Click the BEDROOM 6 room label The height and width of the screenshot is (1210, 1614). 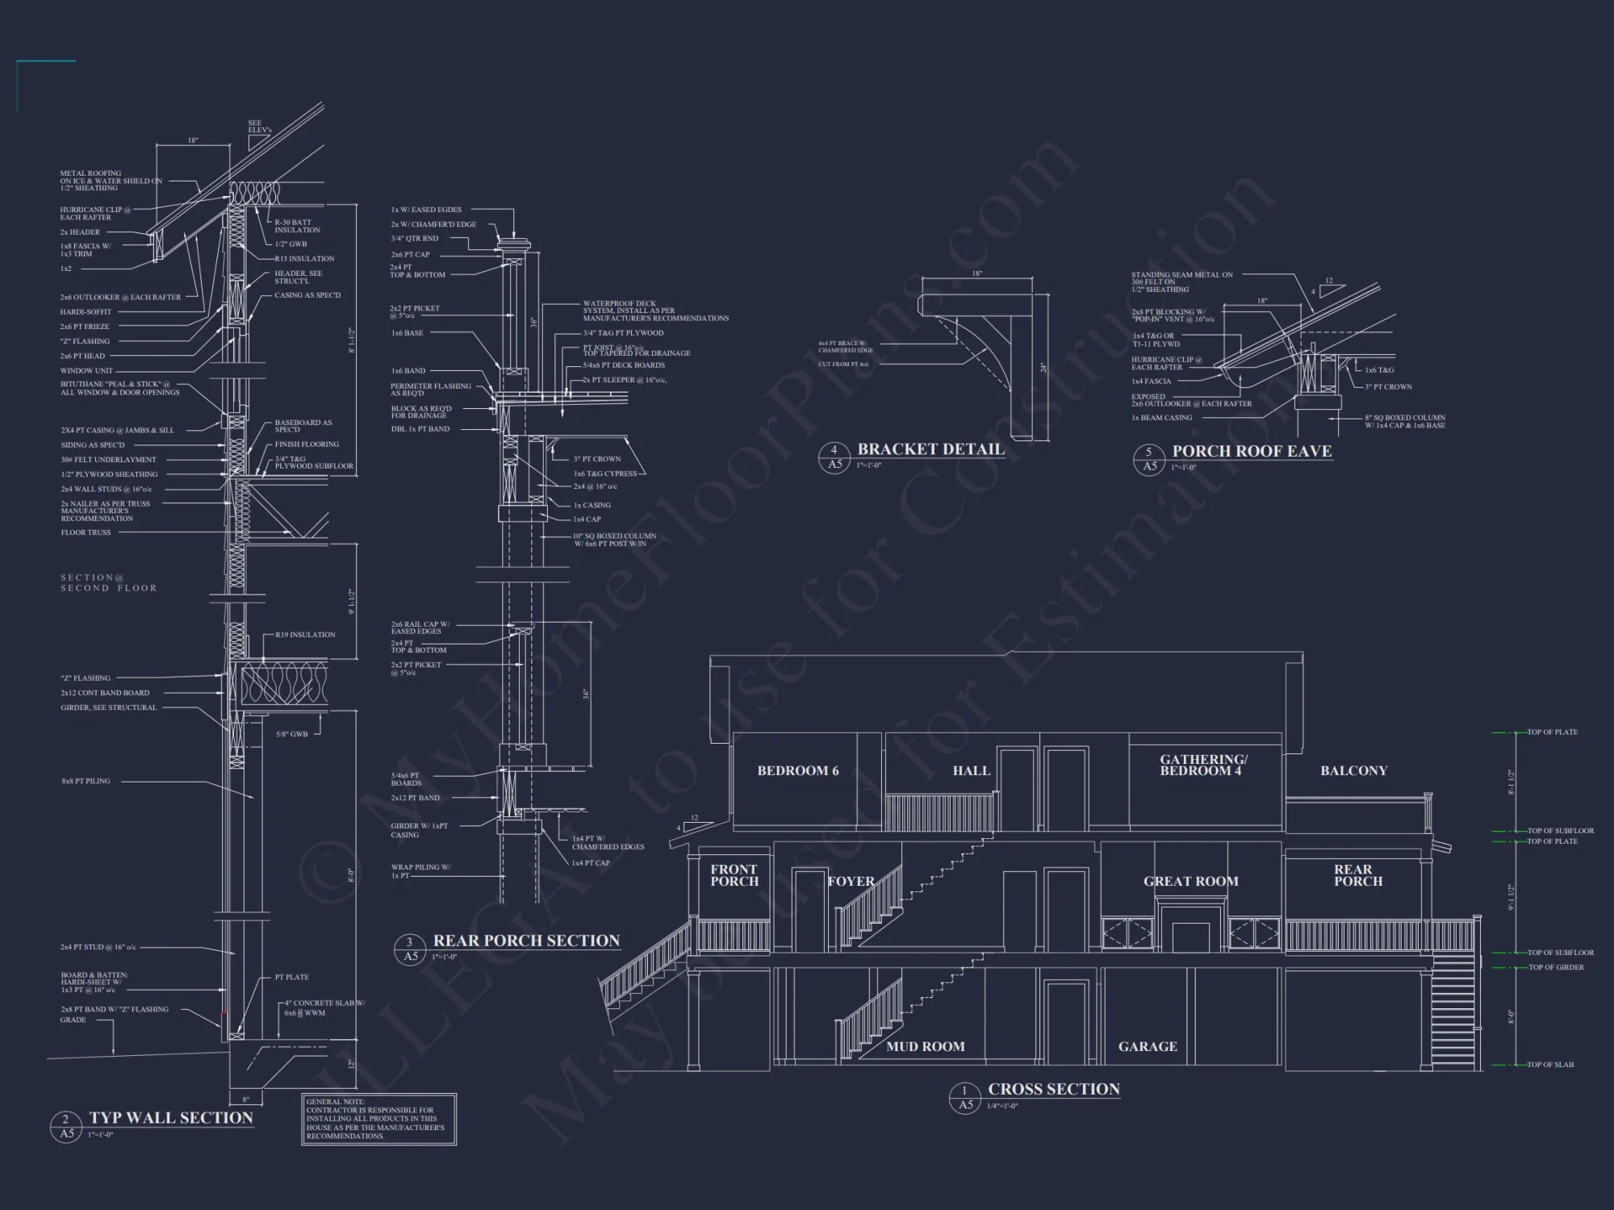point(797,771)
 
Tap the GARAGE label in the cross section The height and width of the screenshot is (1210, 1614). point(1147,1046)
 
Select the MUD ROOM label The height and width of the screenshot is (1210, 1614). point(925,1046)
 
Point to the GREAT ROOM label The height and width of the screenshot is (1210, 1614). point(1190,882)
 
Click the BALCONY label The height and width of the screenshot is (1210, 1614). point(1353,771)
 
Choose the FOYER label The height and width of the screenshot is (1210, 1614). point(851,882)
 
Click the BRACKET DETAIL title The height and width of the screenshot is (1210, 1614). point(930,449)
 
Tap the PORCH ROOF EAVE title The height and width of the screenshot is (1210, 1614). point(1252,451)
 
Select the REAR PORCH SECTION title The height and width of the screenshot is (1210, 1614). point(526,941)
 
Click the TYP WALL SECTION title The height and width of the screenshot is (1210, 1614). point(171,1118)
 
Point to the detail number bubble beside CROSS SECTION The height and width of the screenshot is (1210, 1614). point(965,1098)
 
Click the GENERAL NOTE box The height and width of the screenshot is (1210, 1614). point(379,1119)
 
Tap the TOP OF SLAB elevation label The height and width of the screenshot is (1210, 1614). point(1549,1065)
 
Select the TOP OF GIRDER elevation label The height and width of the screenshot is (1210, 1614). point(1556,967)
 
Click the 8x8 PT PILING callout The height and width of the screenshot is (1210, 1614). point(86,781)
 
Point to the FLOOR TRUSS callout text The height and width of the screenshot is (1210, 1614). point(86,532)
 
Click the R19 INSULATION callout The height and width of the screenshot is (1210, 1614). point(305,635)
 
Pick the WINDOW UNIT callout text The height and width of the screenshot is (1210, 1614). point(86,371)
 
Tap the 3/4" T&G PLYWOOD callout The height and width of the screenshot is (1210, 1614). point(623,333)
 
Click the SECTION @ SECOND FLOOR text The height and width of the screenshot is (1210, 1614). point(108,583)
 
